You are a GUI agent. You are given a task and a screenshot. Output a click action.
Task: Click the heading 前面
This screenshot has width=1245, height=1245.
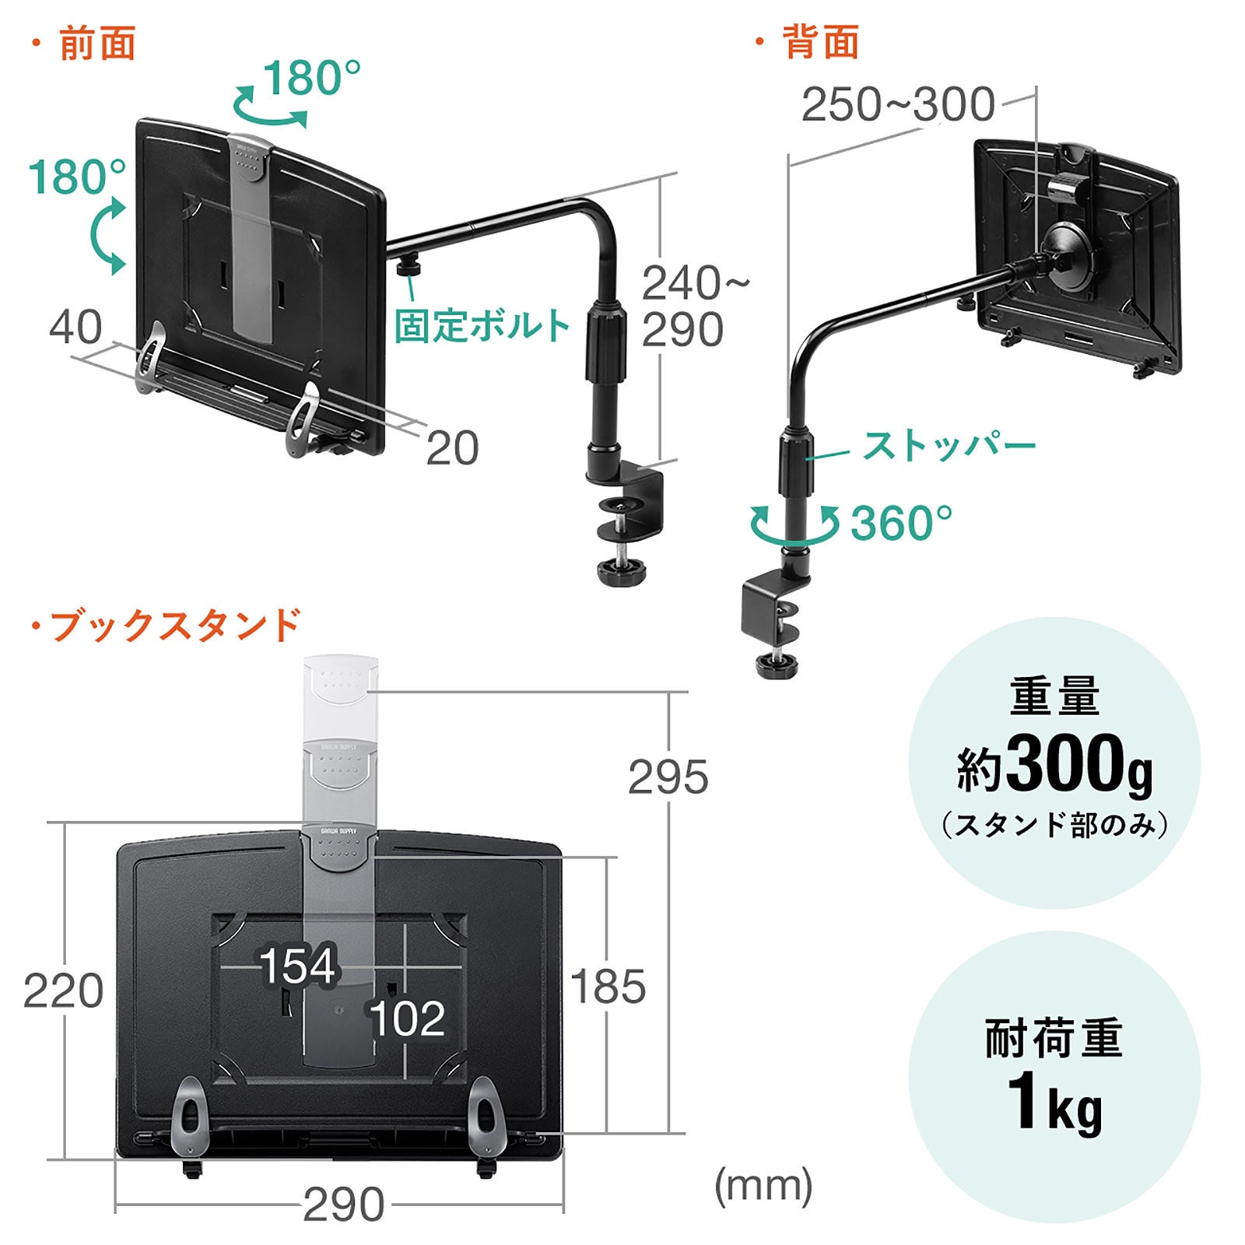tap(97, 43)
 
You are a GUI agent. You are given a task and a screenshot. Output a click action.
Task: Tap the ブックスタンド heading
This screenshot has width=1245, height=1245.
tap(174, 625)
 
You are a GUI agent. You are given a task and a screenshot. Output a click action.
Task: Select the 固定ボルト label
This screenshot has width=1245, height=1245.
tap(482, 325)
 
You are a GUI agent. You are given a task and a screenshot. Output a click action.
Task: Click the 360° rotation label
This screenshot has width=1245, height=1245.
tap(901, 523)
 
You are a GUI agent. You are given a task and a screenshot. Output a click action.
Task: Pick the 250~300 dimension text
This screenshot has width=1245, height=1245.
tap(898, 104)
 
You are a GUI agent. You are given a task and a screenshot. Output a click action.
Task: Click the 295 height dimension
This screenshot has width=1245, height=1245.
tap(668, 777)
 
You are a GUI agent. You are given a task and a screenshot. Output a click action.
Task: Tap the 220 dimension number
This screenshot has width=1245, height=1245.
tap(63, 991)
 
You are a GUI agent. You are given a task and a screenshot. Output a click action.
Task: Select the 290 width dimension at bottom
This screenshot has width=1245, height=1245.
tap(343, 1205)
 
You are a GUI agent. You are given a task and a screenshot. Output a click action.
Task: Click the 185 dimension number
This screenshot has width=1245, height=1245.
tap(608, 986)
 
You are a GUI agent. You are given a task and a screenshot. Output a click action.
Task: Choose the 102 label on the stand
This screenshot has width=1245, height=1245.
tap(407, 1018)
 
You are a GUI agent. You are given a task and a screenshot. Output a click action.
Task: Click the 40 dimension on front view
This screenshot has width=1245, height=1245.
tap(75, 327)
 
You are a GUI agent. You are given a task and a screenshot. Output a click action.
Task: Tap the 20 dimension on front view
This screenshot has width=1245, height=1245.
tap(452, 447)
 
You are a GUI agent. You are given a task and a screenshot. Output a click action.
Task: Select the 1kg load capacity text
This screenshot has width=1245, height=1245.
tap(1054, 1102)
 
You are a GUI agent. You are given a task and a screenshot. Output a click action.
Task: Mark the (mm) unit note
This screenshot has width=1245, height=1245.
tap(763, 1186)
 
